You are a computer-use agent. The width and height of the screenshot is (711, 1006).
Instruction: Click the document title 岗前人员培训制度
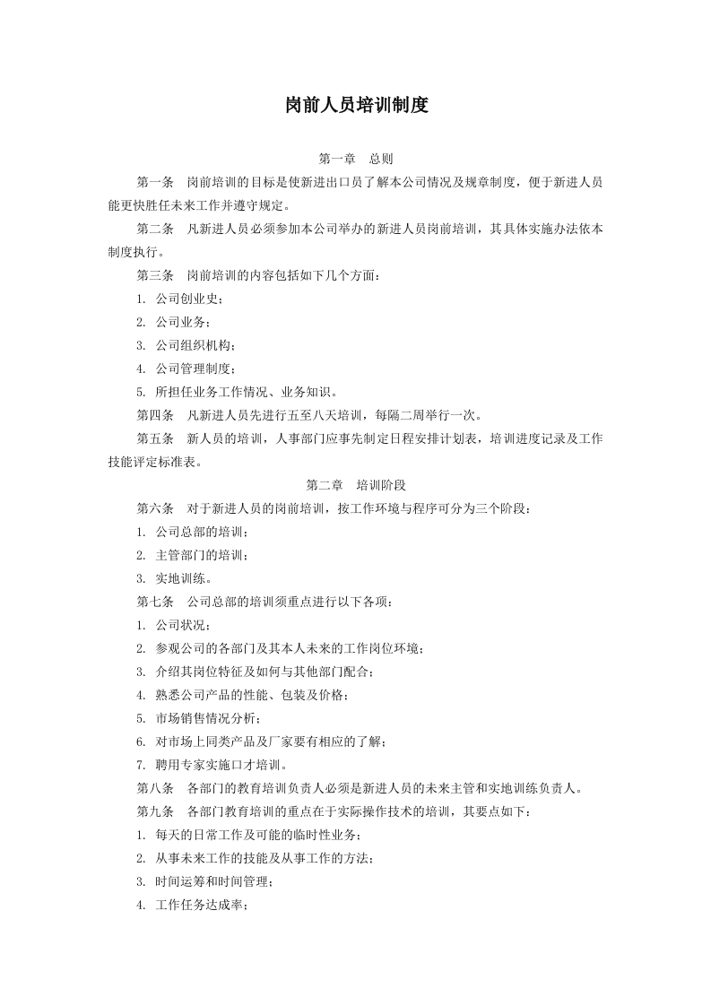(x=356, y=105)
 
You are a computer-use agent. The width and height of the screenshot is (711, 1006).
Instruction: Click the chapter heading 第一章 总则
(x=356, y=159)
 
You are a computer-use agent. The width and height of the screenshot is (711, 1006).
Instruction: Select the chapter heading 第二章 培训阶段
(x=356, y=485)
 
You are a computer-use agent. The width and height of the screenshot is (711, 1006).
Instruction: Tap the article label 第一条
(x=155, y=182)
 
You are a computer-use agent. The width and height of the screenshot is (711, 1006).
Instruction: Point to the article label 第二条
(x=155, y=229)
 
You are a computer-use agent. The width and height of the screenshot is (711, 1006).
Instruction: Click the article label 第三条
(x=155, y=275)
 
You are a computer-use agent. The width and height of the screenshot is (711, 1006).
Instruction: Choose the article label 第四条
(x=155, y=415)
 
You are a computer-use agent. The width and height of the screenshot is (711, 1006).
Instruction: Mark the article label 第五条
(x=155, y=438)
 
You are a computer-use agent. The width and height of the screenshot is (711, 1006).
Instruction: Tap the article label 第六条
(x=155, y=508)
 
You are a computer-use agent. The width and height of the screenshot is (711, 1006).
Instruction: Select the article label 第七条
(x=155, y=602)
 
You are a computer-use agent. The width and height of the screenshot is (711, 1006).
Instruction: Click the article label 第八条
(x=155, y=788)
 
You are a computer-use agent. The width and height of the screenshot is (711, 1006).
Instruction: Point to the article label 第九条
(x=155, y=811)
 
